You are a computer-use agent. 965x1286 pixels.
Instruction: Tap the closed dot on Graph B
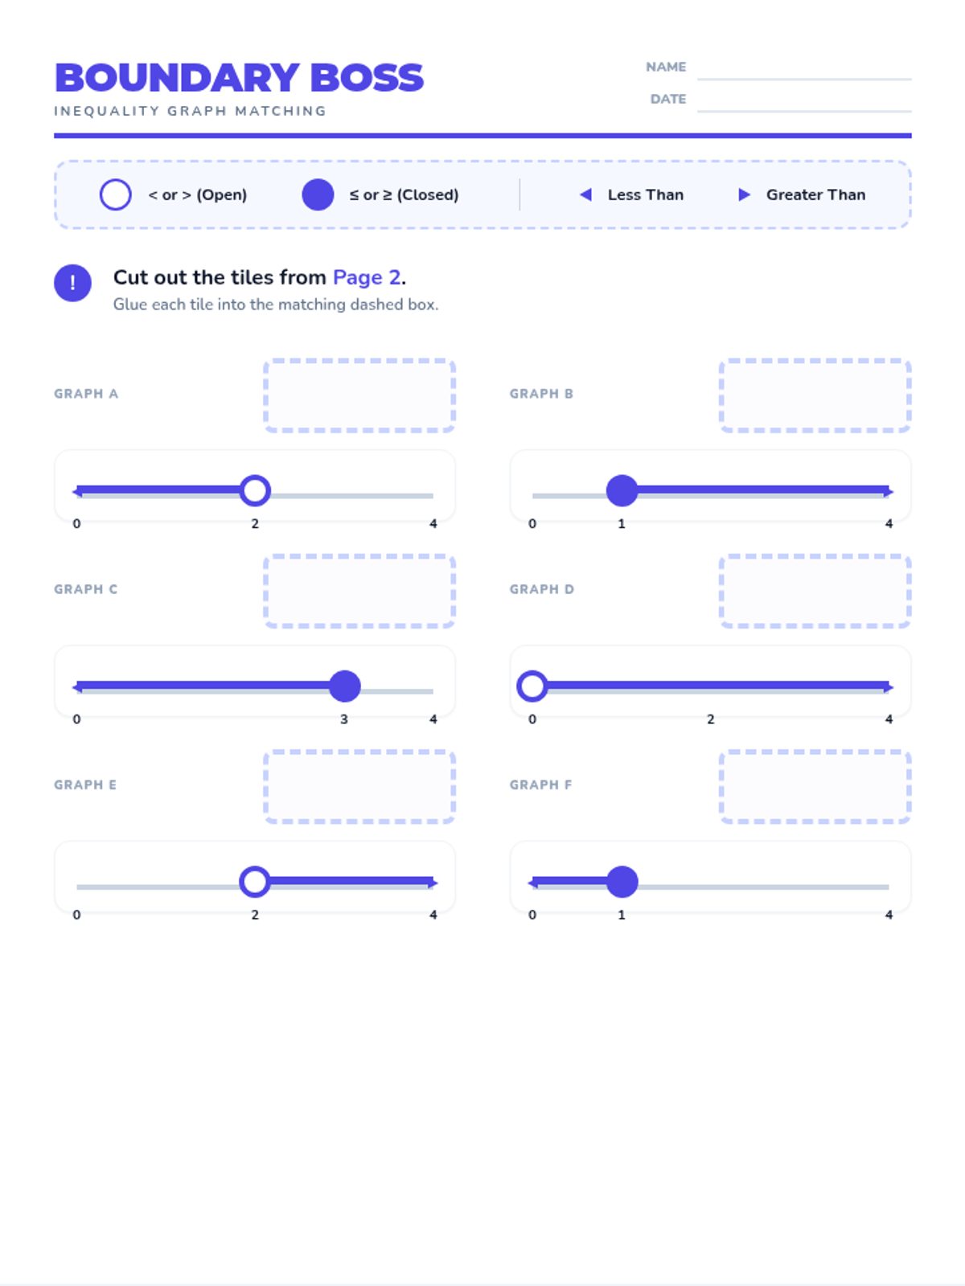pyautogui.click(x=622, y=490)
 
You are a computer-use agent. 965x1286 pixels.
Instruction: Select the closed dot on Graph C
pyautogui.click(x=344, y=686)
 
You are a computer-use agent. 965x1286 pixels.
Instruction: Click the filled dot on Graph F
pyautogui.click(x=622, y=882)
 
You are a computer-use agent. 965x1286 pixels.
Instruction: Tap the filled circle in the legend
pyautogui.click(x=318, y=195)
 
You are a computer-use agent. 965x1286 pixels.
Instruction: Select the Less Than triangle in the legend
pyautogui.click(x=585, y=195)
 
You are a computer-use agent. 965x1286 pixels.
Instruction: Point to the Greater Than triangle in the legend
pyautogui.click(x=744, y=195)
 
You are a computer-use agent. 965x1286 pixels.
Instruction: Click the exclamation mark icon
pyautogui.click(x=72, y=283)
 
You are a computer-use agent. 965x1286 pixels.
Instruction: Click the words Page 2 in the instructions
pyautogui.click(x=367, y=277)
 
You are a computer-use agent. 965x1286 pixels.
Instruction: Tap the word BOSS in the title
pyautogui.click(x=366, y=78)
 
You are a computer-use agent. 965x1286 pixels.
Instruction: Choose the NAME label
pyautogui.click(x=666, y=67)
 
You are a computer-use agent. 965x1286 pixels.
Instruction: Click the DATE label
pyautogui.click(x=668, y=99)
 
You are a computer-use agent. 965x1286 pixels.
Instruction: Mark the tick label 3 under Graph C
pyautogui.click(x=344, y=719)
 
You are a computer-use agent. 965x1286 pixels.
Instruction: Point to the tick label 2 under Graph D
pyautogui.click(x=710, y=719)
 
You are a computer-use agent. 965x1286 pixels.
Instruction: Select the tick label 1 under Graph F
pyautogui.click(x=621, y=915)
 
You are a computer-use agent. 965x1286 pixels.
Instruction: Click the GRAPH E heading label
pyautogui.click(x=85, y=784)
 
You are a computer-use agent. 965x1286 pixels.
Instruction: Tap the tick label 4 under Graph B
pyautogui.click(x=889, y=523)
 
